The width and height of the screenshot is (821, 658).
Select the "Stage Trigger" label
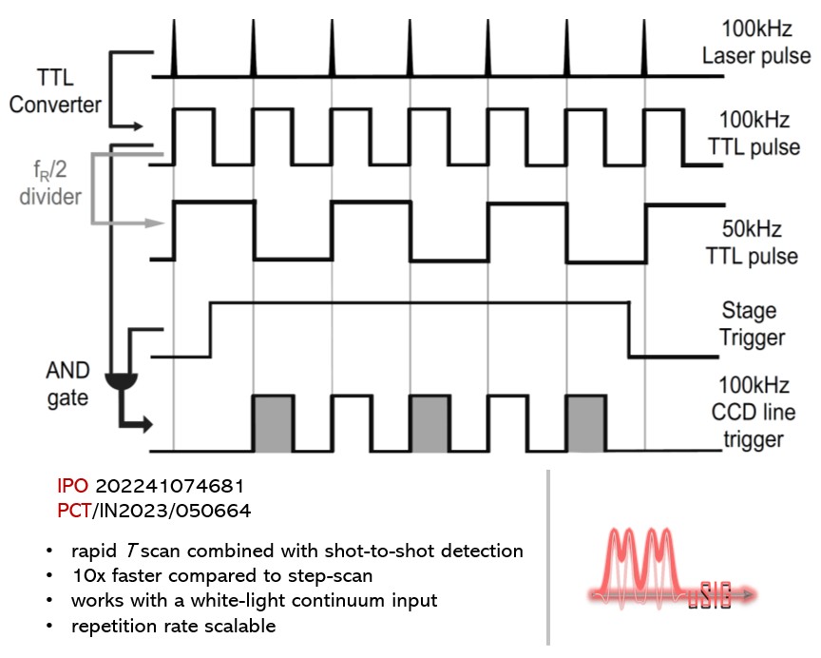[750, 323]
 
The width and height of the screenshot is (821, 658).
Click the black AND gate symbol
[118, 379]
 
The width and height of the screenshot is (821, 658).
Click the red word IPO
[74, 488]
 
